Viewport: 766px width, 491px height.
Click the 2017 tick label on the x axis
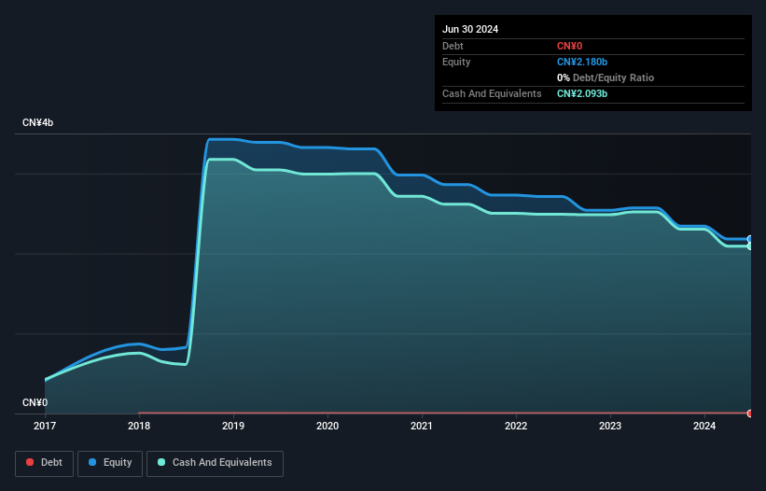[x=45, y=426]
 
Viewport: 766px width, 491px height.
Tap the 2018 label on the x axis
[x=139, y=426]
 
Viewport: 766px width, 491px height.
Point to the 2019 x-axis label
[x=233, y=426]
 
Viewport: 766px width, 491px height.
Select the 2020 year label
[x=327, y=426]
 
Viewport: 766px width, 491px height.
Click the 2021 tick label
[x=422, y=426]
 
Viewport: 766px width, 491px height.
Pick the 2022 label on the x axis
[x=516, y=426]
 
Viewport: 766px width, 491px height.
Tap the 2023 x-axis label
[x=610, y=426]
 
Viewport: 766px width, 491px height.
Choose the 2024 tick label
[x=704, y=426]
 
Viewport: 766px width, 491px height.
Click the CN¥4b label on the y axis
[x=37, y=122]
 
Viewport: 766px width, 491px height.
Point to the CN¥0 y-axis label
[x=35, y=402]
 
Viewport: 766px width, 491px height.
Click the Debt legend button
[x=44, y=463]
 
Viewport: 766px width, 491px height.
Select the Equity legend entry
[x=110, y=463]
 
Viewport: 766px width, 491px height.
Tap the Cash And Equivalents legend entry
[x=215, y=463]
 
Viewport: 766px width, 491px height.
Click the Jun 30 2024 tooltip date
[x=470, y=29]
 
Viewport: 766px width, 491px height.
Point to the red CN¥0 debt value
[x=570, y=46]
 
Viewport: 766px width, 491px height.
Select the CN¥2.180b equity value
[x=582, y=62]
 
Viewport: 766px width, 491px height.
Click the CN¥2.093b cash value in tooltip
[x=582, y=93]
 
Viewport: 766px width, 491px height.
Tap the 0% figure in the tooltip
[x=564, y=77]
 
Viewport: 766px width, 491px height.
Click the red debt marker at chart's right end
[x=750, y=414]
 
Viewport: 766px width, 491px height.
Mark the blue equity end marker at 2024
[x=750, y=239]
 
